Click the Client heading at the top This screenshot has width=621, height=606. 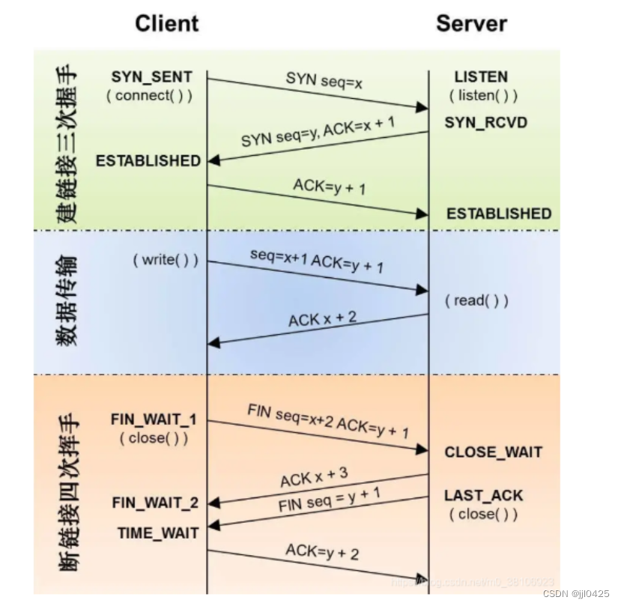[167, 23]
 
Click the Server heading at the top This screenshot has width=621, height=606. [471, 23]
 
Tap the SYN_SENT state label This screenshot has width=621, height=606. [152, 76]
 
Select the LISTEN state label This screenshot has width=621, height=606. [481, 76]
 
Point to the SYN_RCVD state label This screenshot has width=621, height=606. [485, 121]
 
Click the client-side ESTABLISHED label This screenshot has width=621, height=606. [148, 160]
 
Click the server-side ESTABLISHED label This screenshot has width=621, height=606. [499, 213]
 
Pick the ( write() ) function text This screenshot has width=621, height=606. [166, 260]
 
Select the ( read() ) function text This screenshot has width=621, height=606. [476, 300]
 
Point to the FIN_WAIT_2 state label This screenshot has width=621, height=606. [155, 503]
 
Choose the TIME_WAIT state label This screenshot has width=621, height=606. [158, 533]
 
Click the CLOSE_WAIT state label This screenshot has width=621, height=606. [493, 452]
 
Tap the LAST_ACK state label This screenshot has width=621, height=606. [483, 495]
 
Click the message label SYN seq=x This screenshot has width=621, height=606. [324, 79]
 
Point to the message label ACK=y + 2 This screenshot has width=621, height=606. [322, 553]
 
